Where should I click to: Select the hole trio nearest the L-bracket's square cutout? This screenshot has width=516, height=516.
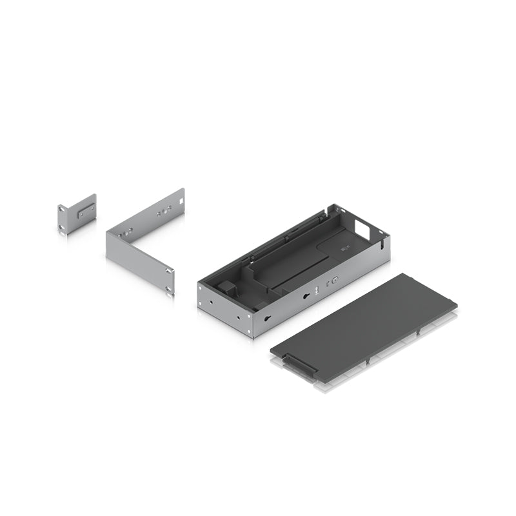point(166,210)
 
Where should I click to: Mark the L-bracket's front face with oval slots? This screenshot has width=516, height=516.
point(139,264)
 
